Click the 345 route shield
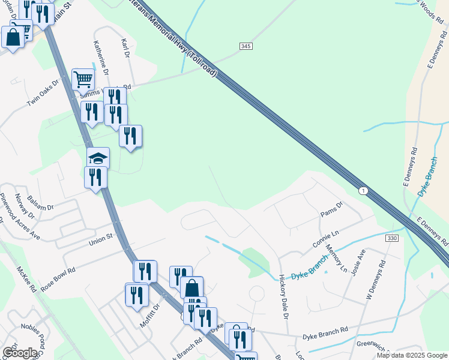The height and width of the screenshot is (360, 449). coord(245,46)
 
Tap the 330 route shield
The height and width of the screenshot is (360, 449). coord(392,238)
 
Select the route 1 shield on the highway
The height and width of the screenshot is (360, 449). coord(363,190)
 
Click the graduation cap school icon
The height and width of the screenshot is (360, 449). coord(97,158)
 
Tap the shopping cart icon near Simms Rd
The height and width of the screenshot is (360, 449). coord(83,79)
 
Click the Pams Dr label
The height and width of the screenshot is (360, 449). coord(331,208)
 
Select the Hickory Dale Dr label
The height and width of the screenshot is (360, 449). coord(285,296)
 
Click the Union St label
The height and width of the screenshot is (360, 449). coord(101,239)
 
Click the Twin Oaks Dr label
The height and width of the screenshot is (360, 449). coord(43,92)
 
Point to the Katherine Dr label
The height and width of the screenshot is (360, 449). coord(101,57)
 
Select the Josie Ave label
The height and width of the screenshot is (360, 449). coord(361,262)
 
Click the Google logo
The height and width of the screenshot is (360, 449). coord(19,352)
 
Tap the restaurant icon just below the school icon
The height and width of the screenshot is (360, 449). coord(95,178)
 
